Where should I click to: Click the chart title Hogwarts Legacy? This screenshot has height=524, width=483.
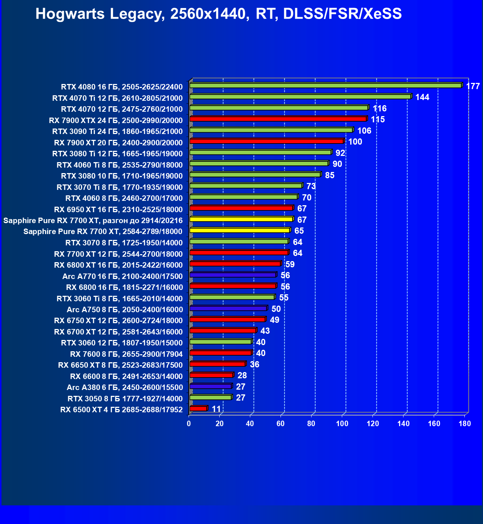coord(219,14)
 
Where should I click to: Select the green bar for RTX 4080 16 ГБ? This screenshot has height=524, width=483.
coord(325,85)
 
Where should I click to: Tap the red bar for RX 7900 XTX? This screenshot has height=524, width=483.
coord(278,119)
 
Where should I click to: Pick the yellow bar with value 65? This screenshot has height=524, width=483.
coord(240,230)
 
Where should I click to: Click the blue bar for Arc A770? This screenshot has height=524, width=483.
coord(233,275)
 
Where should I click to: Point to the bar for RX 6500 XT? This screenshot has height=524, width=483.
coord(198,409)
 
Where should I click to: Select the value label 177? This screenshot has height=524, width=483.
coord(473,86)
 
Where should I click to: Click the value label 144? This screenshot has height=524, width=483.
coord(422,97)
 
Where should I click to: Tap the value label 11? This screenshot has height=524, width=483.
coord(216,409)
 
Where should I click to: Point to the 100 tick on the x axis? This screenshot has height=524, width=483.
coord(342,424)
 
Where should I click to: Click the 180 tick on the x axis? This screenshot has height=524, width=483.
coord(465,424)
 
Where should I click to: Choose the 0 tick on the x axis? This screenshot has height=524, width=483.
coord(189,424)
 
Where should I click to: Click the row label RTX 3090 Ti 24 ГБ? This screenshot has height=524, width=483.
coord(117,131)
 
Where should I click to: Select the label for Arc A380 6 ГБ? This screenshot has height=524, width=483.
coord(124,387)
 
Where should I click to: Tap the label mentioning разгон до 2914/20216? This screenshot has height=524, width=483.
coord(93,221)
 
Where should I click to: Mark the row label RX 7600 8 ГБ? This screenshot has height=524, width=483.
coord(126,354)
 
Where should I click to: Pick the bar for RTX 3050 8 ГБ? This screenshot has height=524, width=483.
coord(210,397)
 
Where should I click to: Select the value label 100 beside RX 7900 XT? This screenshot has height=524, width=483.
coord(355,142)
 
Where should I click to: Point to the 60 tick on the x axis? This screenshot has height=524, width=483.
coord(281,424)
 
